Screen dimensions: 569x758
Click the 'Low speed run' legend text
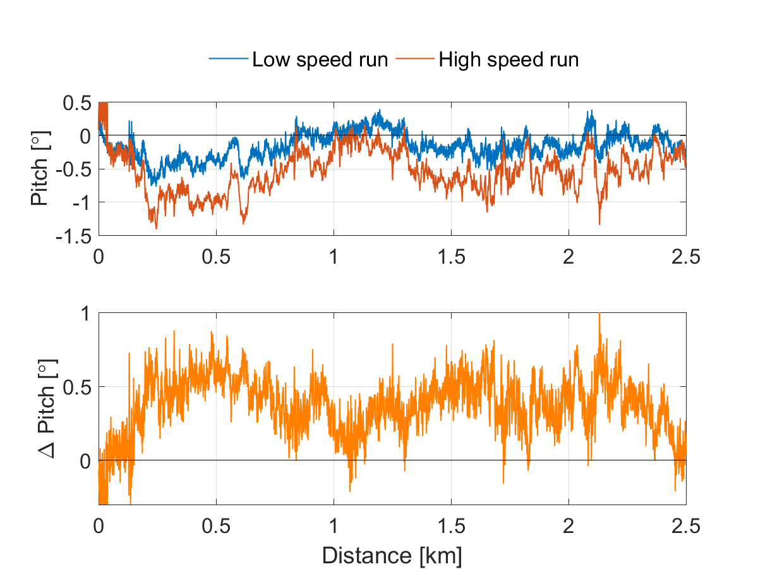[x=320, y=59]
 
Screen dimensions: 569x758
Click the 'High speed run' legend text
[x=508, y=59]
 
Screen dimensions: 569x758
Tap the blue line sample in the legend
[x=229, y=59]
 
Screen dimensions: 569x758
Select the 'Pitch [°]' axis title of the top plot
[x=40, y=169]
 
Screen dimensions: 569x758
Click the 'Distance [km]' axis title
[x=392, y=556]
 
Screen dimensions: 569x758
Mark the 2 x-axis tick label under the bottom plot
[x=568, y=525]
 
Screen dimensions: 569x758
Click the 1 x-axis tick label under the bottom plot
[x=334, y=525]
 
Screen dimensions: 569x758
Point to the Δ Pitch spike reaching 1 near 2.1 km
[x=599, y=315]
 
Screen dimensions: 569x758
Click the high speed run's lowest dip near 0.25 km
[x=155, y=228]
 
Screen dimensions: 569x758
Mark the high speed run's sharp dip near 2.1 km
[x=599, y=223]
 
